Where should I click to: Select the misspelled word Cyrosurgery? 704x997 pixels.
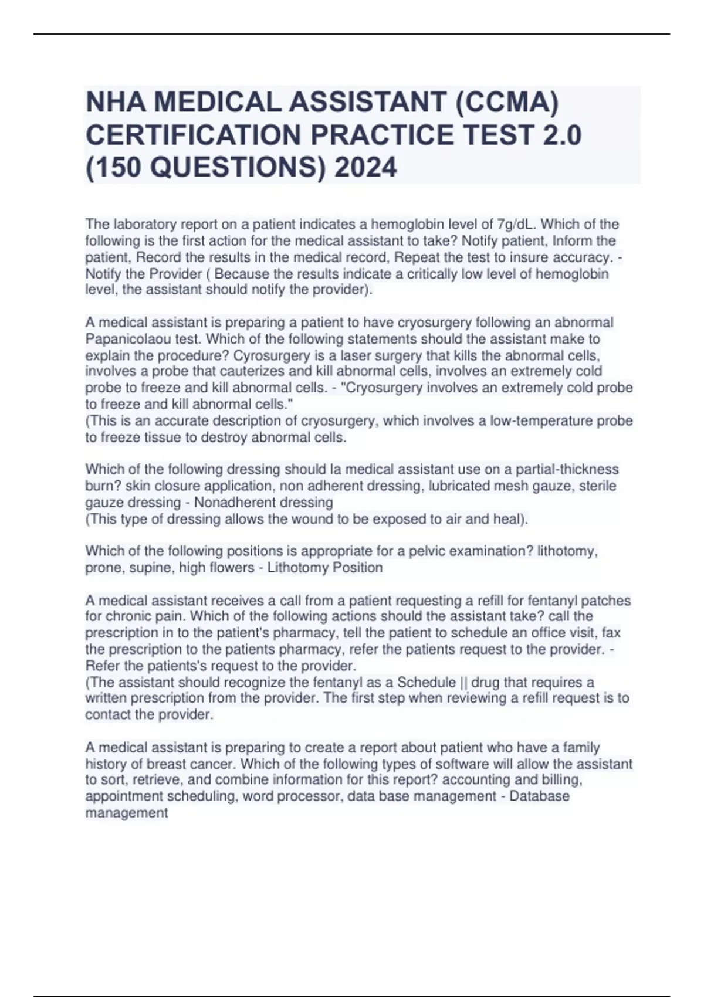[x=270, y=355]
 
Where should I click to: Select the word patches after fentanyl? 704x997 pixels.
[x=607, y=601]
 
